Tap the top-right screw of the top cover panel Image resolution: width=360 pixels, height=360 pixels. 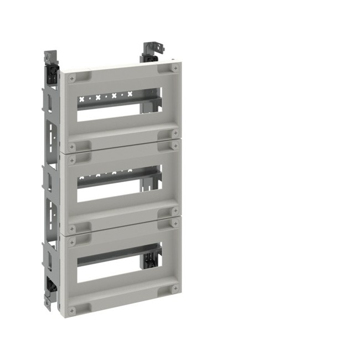click(x=175, y=68)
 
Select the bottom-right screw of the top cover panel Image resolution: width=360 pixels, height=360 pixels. click(x=175, y=133)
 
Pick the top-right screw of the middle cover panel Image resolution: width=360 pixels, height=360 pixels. click(x=175, y=144)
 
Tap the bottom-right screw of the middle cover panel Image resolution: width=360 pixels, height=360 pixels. click(x=175, y=210)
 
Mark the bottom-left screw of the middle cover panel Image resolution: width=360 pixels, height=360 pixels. click(x=72, y=227)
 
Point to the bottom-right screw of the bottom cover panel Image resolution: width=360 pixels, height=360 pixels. click(x=175, y=289)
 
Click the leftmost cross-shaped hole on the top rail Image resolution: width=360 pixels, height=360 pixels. click(x=82, y=99)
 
